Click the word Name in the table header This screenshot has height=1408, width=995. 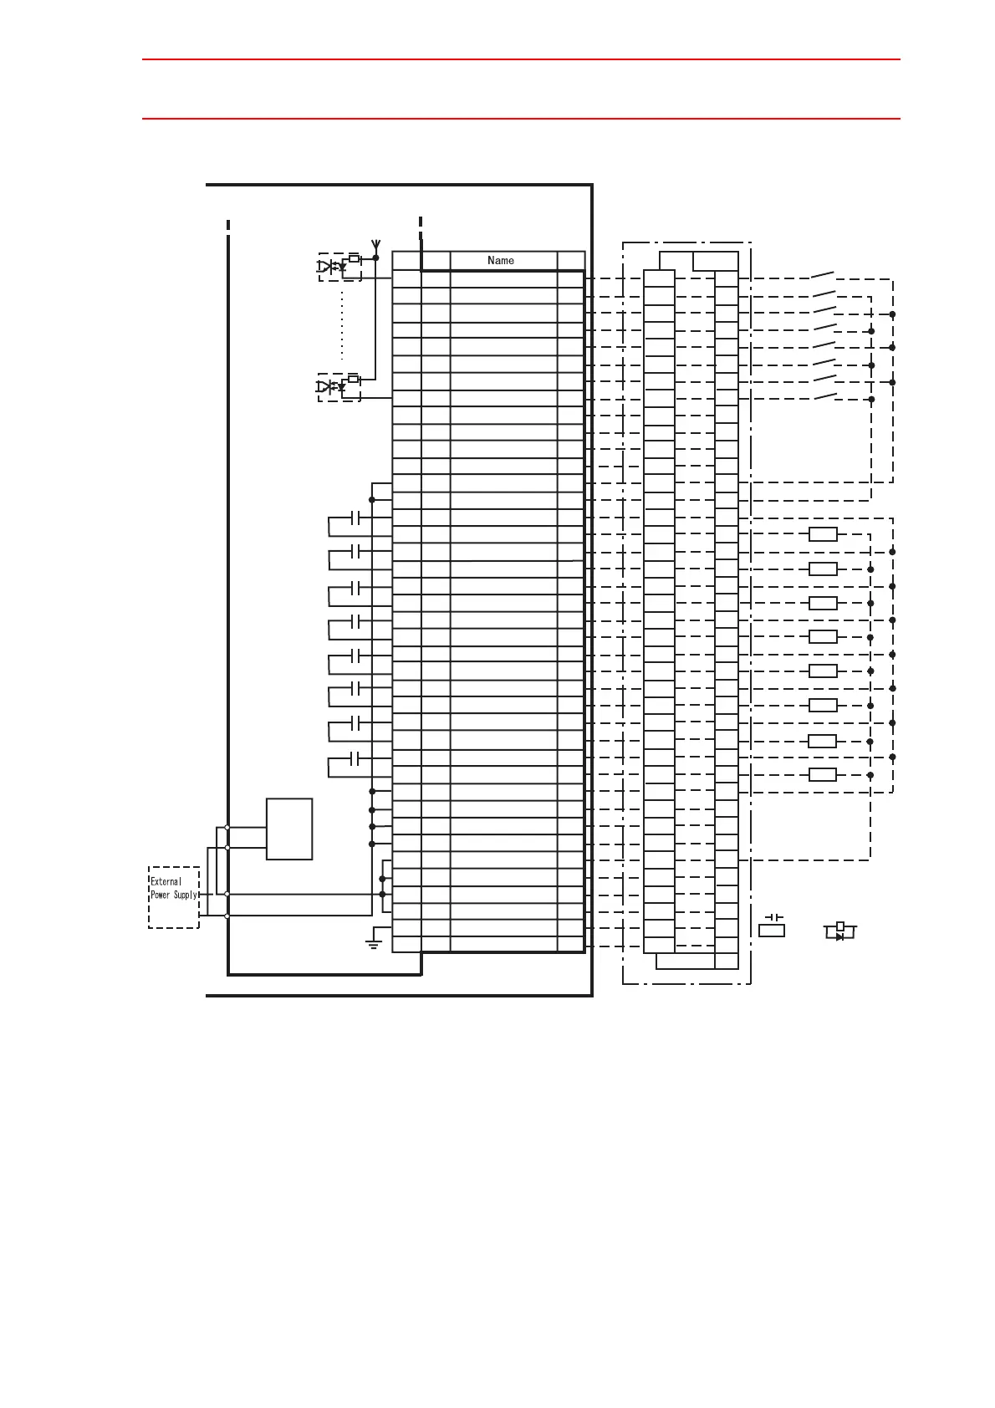(501, 261)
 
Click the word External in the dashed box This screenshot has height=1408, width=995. (166, 881)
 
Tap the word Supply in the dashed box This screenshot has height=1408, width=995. (185, 895)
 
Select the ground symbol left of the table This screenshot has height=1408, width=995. (374, 944)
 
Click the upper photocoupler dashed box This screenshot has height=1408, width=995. (339, 267)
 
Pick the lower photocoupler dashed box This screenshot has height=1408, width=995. (339, 387)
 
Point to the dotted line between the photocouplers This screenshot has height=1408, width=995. (342, 326)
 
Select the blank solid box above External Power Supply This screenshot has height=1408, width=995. (289, 829)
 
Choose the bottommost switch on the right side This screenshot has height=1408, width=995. (825, 395)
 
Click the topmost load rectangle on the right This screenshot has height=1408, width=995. (823, 535)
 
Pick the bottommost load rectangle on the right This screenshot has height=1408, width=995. (823, 775)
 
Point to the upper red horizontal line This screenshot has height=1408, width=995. (521, 59)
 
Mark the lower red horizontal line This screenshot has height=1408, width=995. (521, 119)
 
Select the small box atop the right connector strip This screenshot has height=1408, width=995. (716, 261)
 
